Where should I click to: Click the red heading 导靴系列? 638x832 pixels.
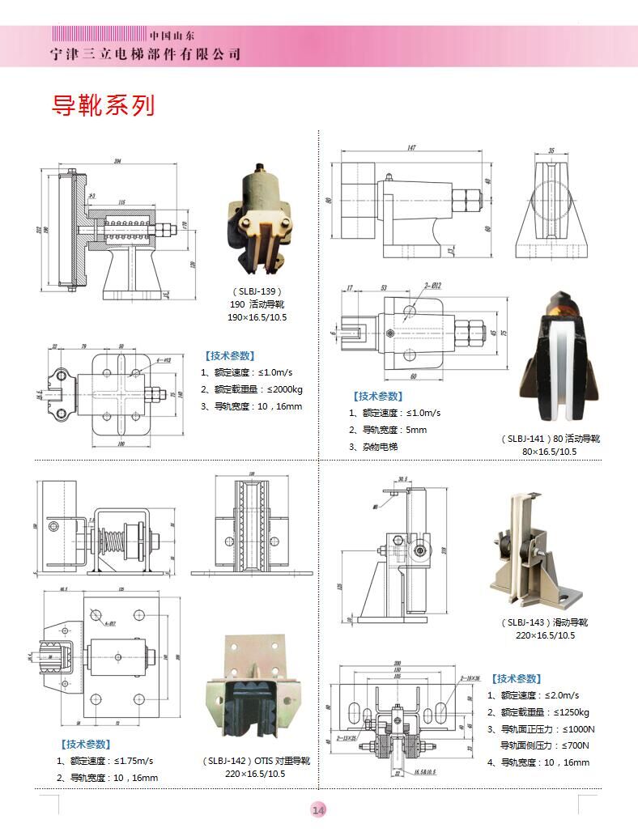pos(103,106)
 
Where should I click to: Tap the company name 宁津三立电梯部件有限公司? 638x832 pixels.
pos(146,54)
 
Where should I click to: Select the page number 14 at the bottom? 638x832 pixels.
pos(318,810)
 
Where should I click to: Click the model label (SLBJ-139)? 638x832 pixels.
pos(257,291)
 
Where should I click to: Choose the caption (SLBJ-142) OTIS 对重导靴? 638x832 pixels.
pos(256,761)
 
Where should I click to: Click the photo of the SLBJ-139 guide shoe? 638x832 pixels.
pos(257,218)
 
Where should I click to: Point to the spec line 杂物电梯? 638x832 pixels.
pos(381,447)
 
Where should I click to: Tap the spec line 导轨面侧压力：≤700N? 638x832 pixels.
pos(544,745)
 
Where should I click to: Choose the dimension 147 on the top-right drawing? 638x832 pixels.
pos(412,148)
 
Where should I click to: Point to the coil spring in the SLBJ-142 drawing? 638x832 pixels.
pos(116,541)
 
